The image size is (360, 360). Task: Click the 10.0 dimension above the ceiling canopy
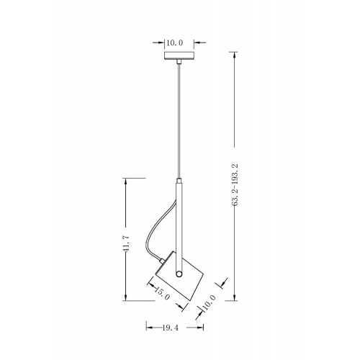[175, 43]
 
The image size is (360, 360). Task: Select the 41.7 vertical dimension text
[126, 243]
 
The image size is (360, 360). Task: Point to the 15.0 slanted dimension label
[162, 293]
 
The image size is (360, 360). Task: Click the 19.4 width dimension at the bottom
[171, 328]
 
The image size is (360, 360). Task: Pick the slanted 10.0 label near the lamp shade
[209, 303]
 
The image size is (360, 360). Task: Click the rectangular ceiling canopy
[179, 55]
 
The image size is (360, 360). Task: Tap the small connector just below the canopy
[179, 61]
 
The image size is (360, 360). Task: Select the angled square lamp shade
[179, 276]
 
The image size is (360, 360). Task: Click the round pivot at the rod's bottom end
[179, 274]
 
